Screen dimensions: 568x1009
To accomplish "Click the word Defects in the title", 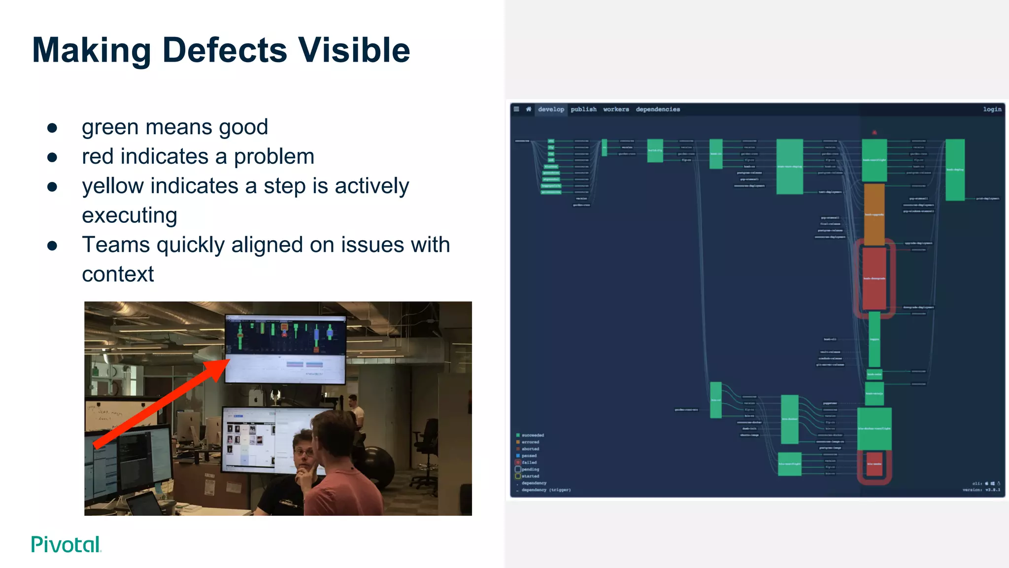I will coord(224,50).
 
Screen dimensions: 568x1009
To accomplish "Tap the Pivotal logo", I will coord(66,544).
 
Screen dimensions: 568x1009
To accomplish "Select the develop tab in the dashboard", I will coord(551,109).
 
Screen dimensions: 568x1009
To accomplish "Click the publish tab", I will coord(583,109).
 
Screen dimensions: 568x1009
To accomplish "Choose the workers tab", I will coord(616,109).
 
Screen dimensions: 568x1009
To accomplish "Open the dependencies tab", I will coord(658,109).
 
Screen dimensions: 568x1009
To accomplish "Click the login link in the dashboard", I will coord(992,109).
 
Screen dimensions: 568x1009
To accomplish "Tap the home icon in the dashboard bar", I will coord(529,109).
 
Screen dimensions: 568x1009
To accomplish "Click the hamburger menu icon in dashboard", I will coord(516,109).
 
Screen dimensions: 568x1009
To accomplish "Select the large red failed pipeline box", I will coord(874,279).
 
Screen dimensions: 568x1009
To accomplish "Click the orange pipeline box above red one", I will coord(874,214).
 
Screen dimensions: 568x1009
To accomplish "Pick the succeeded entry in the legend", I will coord(533,435).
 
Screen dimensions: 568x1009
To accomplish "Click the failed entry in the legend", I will coord(529,462).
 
